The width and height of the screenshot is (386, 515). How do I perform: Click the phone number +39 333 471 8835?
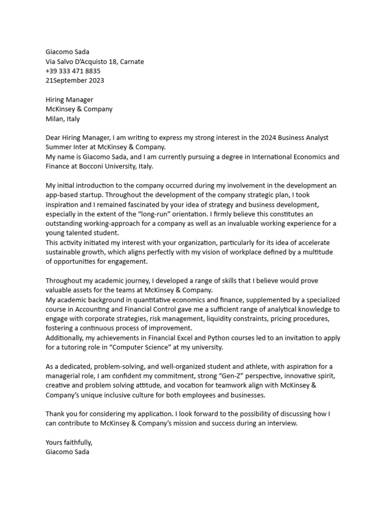pos(73,71)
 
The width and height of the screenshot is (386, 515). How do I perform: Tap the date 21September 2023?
pos(75,80)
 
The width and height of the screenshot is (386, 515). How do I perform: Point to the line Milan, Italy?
pos(63,119)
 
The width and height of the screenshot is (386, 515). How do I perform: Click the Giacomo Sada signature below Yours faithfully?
pos(68,452)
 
